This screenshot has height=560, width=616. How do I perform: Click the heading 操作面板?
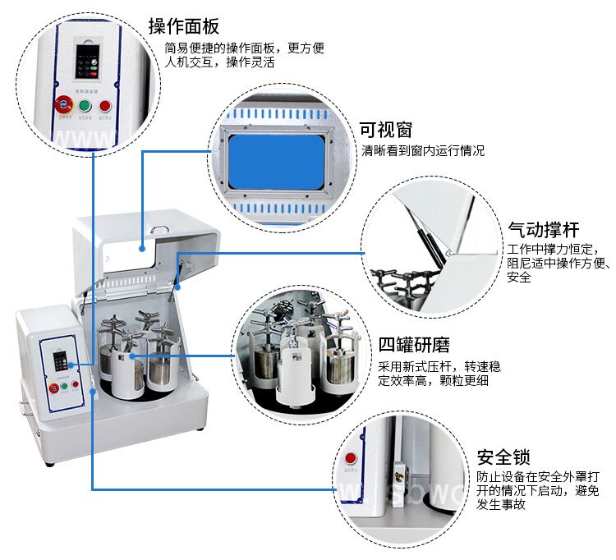coord(183,25)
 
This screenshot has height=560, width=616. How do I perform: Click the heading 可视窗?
coord(386,130)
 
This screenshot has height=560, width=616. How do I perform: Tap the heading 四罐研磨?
coord(413,344)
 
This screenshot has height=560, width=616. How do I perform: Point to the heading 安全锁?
coord(503,457)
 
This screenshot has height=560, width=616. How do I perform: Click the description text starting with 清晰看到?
coord(423,151)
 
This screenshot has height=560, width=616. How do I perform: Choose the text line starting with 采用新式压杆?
coord(439,366)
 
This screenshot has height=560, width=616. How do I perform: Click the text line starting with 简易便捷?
coord(244,48)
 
